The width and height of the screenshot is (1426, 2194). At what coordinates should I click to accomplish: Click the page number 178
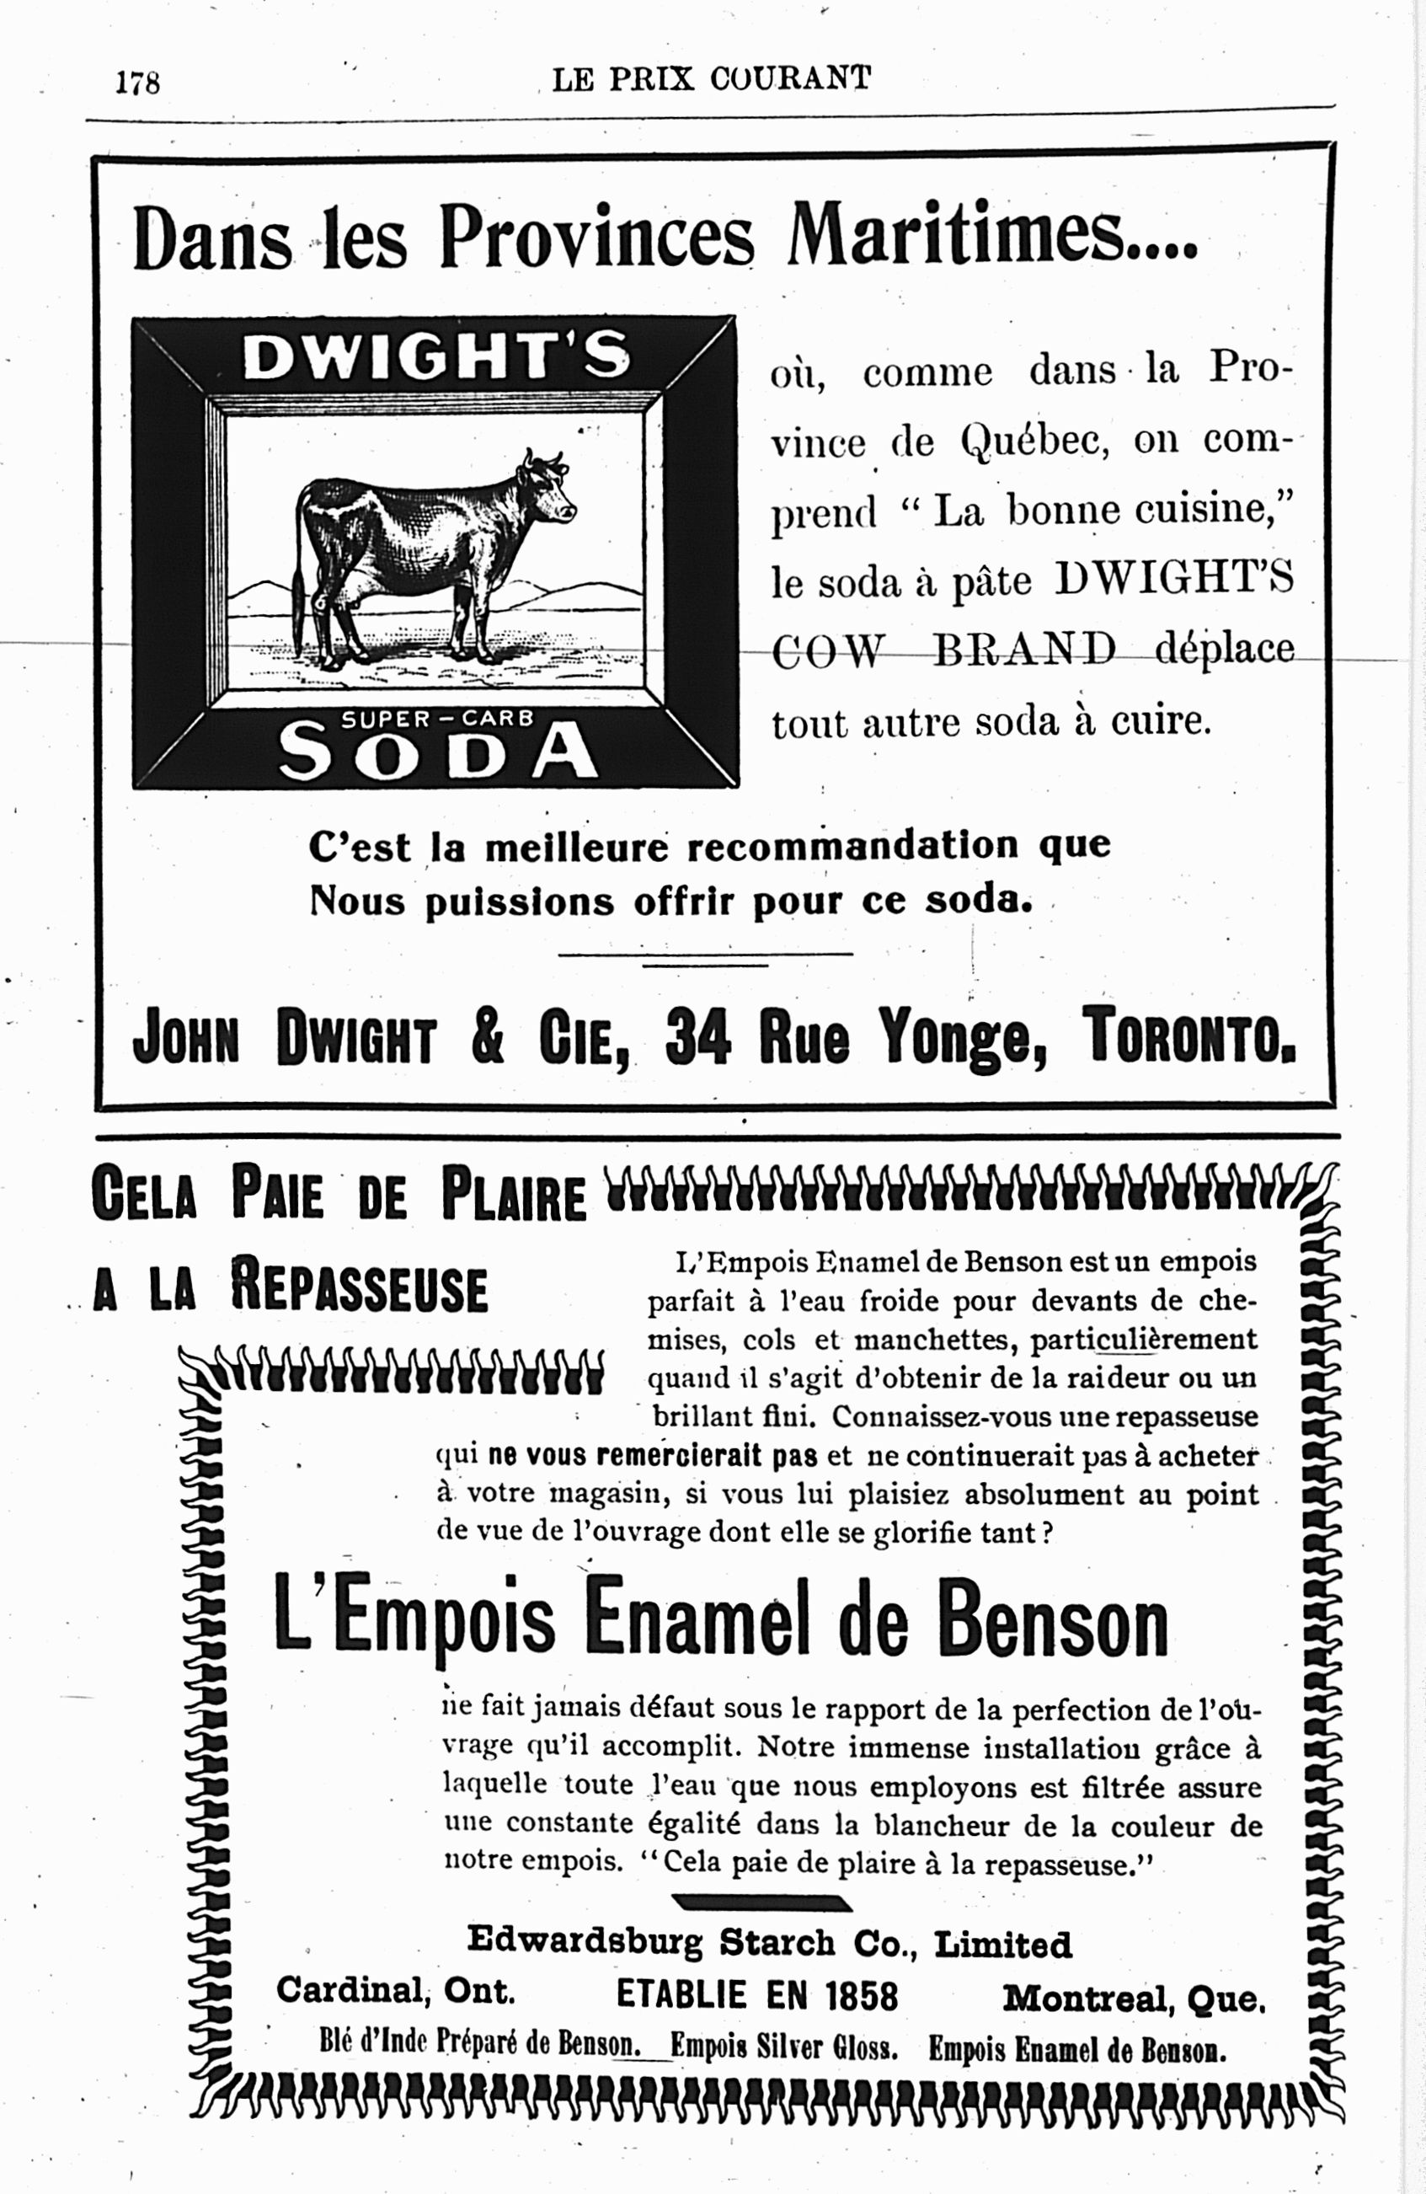click(x=137, y=83)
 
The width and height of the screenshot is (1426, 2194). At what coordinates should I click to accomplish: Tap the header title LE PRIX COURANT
click(x=711, y=79)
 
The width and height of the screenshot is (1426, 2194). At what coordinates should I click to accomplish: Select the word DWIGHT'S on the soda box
click(x=436, y=358)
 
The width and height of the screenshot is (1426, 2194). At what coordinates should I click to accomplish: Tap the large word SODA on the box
click(x=437, y=752)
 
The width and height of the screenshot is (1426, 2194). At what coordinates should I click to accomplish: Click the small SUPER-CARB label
click(x=437, y=718)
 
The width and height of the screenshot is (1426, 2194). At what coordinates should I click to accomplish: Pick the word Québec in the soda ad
click(x=1033, y=443)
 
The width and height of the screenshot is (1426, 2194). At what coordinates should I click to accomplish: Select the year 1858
click(x=861, y=1996)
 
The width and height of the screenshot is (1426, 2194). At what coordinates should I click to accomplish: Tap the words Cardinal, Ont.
click(x=394, y=1991)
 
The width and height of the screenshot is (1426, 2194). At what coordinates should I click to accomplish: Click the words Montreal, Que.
click(x=1134, y=1999)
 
